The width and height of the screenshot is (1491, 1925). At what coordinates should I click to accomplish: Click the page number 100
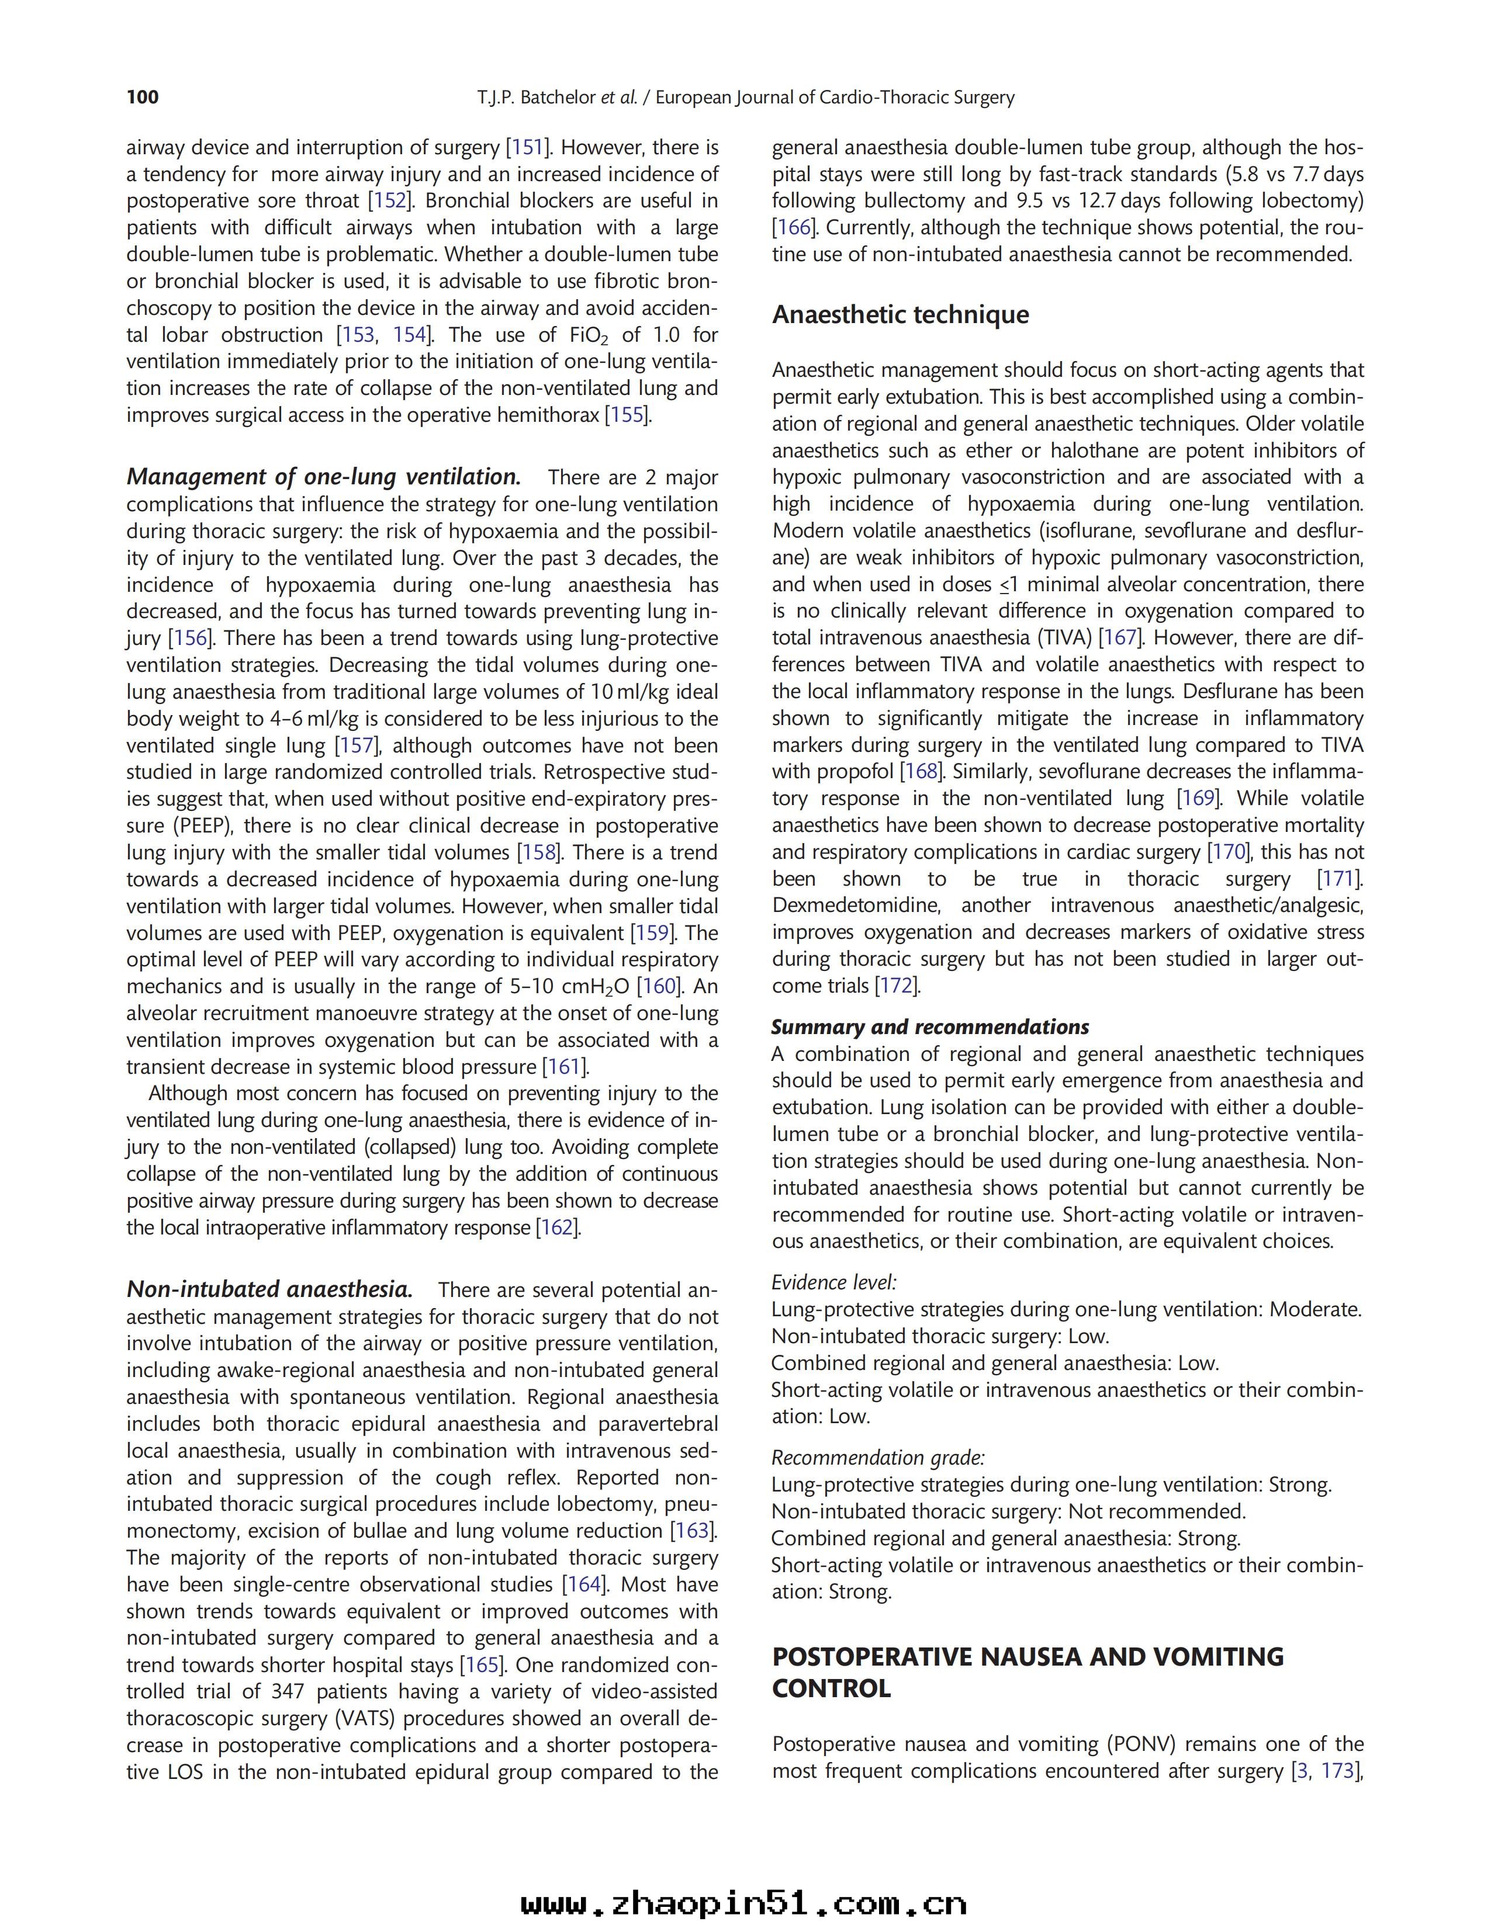(143, 97)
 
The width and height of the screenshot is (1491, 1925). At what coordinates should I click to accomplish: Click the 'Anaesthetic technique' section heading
(900, 315)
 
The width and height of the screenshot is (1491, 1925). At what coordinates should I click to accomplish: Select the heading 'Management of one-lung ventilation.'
(324, 477)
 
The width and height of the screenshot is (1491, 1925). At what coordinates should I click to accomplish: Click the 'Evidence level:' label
(833, 1282)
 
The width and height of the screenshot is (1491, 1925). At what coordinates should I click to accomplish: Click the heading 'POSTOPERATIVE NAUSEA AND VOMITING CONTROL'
(1027, 1672)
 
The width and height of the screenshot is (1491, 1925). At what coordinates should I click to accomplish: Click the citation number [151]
(527, 147)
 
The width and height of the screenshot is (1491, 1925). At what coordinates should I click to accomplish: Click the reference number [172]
(897, 986)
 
